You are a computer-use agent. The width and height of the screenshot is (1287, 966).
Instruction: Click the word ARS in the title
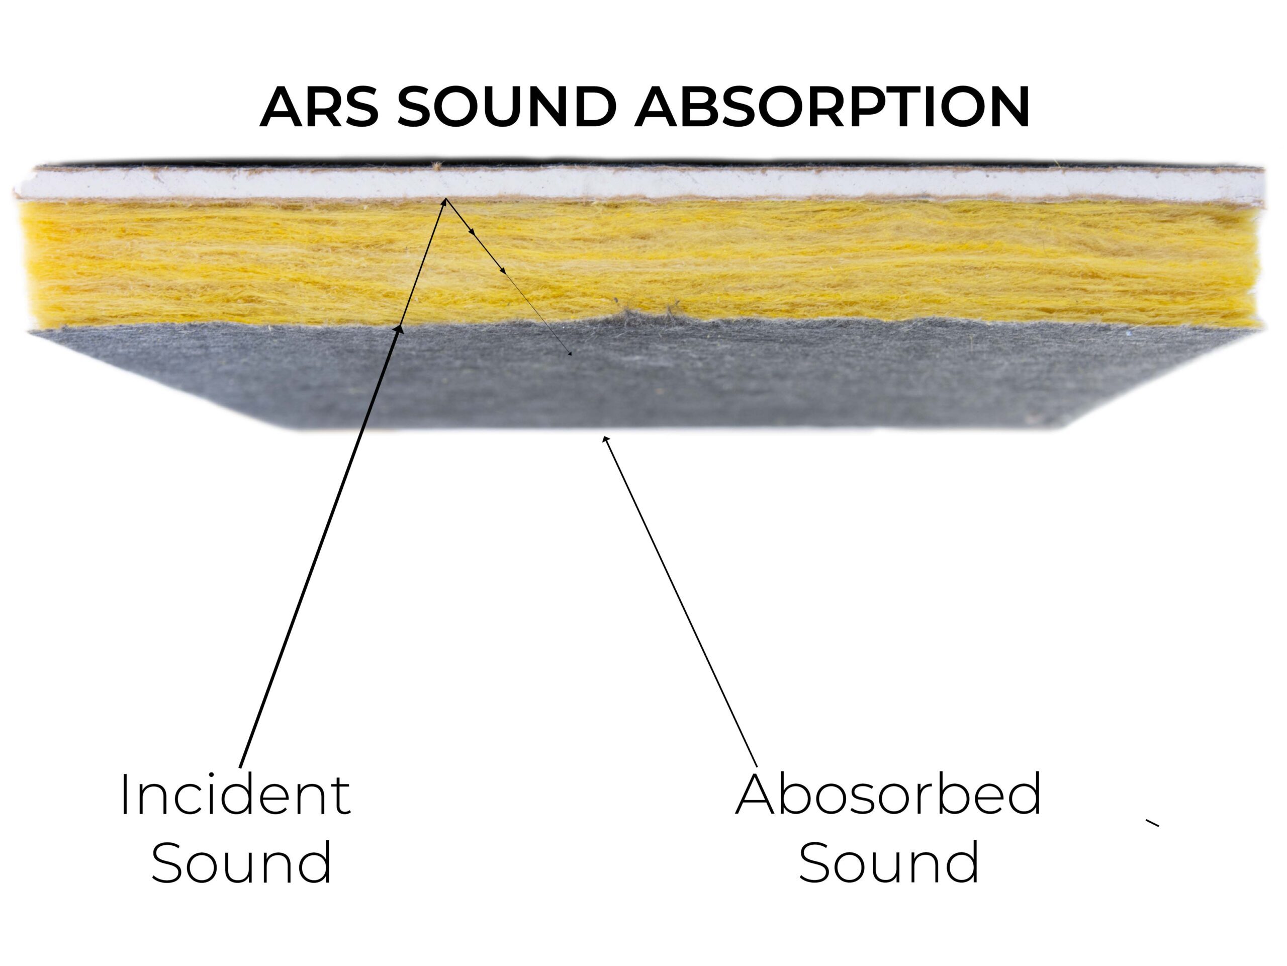click(319, 107)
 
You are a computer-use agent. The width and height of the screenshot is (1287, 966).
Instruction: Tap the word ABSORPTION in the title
click(832, 107)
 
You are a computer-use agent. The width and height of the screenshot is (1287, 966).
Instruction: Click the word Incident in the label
click(236, 795)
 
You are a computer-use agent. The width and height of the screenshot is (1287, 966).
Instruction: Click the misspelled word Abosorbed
click(888, 795)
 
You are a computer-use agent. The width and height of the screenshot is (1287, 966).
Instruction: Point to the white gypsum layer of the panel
click(640, 184)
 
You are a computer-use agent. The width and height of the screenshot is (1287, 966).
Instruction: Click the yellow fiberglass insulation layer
click(640, 262)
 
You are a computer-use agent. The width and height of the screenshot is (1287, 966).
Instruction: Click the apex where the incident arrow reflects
click(446, 200)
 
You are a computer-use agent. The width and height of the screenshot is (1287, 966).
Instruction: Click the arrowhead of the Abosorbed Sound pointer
click(606, 440)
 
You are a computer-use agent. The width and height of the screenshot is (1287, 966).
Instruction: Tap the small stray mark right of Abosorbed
click(1152, 823)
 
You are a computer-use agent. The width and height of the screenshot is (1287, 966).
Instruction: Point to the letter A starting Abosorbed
click(757, 796)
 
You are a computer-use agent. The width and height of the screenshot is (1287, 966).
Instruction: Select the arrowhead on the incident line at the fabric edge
click(399, 330)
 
